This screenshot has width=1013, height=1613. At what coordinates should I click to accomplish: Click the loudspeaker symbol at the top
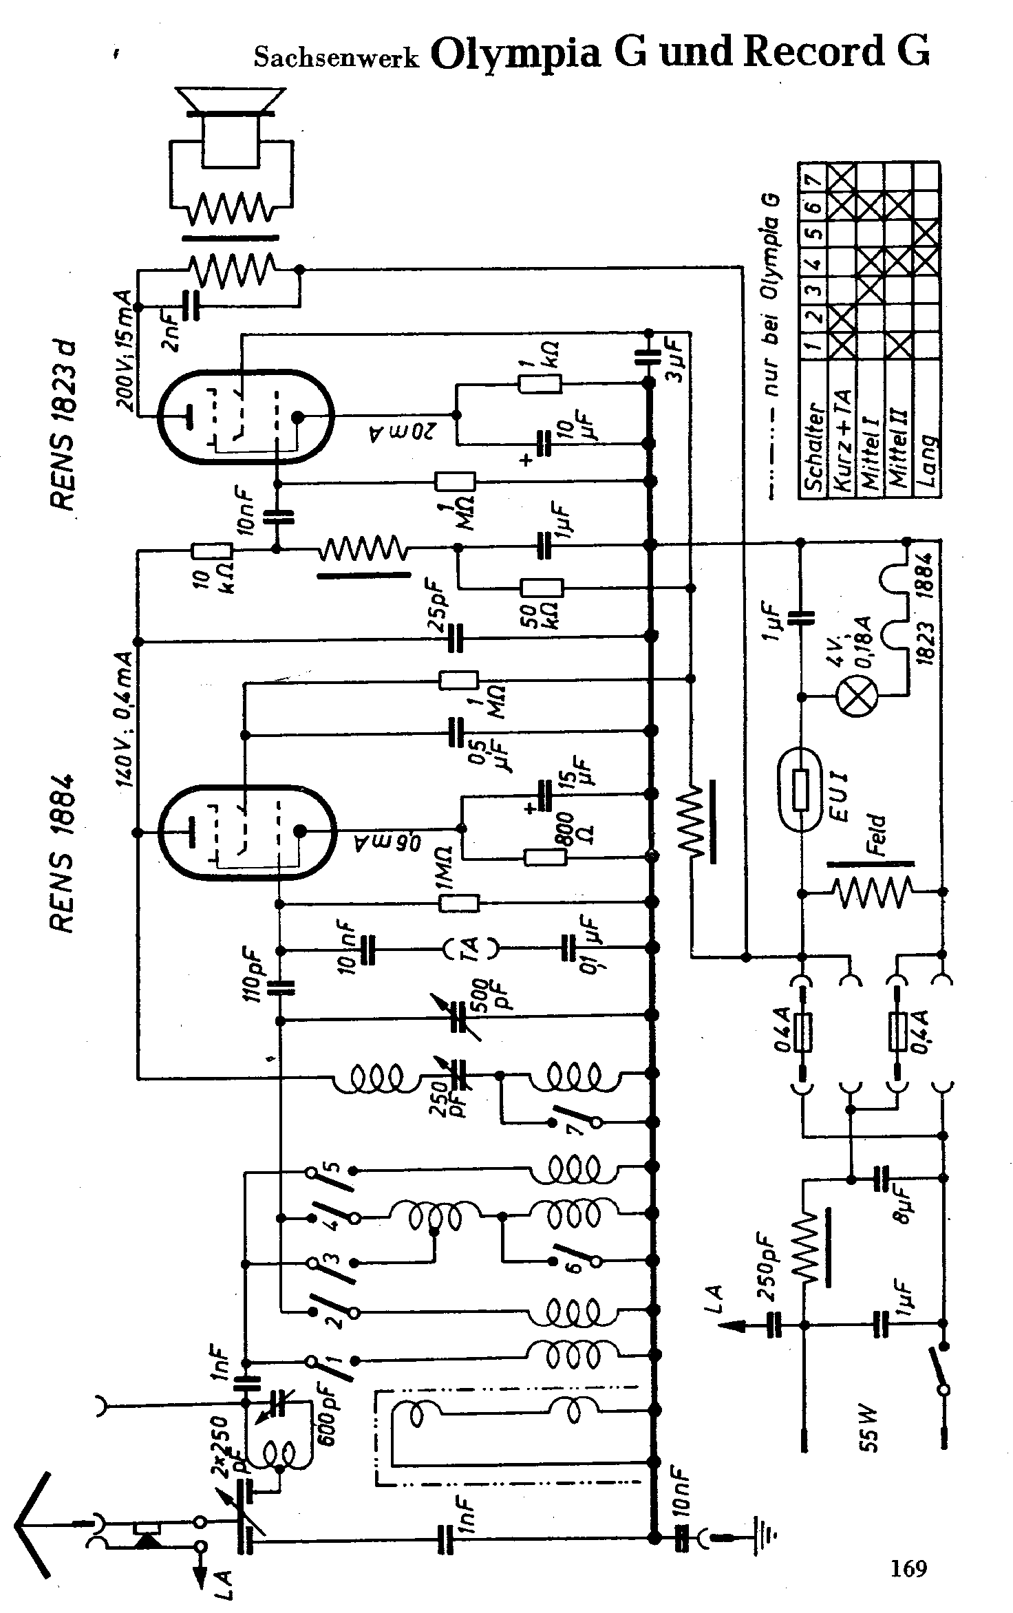click(x=231, y=131)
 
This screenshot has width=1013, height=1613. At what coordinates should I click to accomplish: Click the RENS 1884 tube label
click(x=63, y=854)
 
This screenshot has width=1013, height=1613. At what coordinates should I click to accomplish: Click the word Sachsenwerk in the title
click(x=337, y=58)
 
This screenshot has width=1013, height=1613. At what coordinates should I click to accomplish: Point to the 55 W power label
click(x=870, y=1429)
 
